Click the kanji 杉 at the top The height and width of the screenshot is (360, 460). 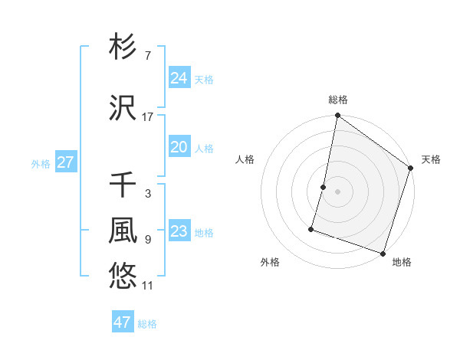(x=123, y=47)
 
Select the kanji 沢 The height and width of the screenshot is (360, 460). (x=123, y=110)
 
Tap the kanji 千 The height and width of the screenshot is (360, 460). (x=123, y=185)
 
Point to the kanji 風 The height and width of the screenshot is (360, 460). (x=123, y=231)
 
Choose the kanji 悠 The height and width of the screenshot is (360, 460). (x=123, y=277)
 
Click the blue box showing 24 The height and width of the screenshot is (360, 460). (x=179, y=78)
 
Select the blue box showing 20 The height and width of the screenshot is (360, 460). (x=179, y=147)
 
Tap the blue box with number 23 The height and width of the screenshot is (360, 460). (x=179, y=231)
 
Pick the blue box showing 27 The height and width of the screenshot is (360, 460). (x=66, y=162)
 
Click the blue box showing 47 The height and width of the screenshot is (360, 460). (x=123, y=322)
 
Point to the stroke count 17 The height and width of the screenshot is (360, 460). (x=148, y=117)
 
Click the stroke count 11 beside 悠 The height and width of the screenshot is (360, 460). (x=148, y=286)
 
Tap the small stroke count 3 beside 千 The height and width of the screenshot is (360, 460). (x=148, y=194)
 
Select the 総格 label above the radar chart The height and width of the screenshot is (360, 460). (x=338, y=100)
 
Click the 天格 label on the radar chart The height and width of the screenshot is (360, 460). (x=431, y=159)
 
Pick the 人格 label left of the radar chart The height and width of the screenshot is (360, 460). (x=245, y=159)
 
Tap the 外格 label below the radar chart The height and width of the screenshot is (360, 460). (x=270, y=262)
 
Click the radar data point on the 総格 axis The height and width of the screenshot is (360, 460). (x=337, y=116)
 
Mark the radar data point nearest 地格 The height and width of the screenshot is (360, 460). (x=383, y=253)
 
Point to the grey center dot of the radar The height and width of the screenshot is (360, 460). (x=337, y=191)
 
